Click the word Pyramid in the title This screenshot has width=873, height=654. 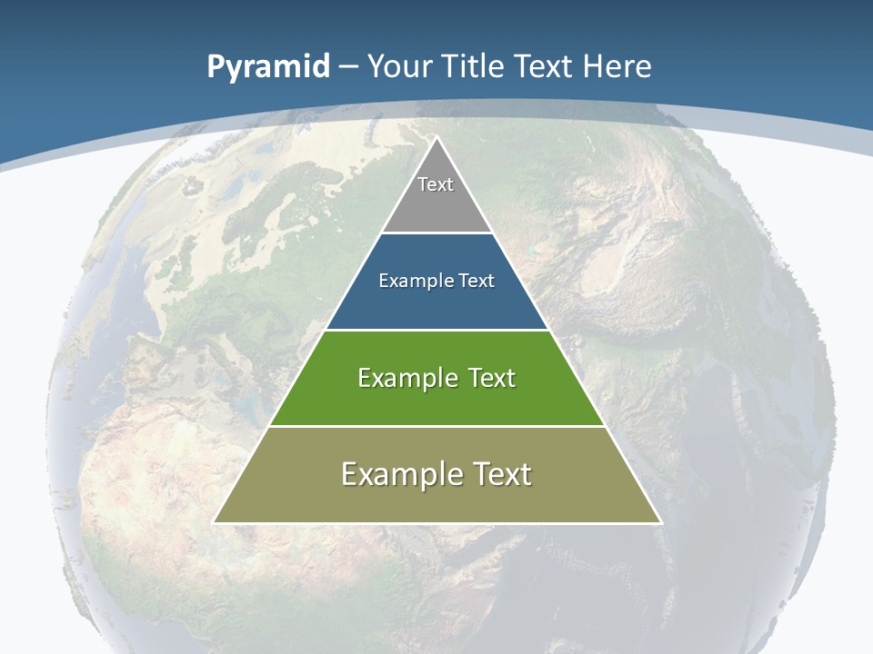[268, 67]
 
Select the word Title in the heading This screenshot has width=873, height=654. [473, 67]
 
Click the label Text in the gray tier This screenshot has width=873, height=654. [436, 184]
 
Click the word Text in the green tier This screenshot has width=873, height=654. [487, 378]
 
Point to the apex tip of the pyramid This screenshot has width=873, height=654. [436, 138]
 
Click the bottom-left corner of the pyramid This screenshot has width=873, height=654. [215, 522]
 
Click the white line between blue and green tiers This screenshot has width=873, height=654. [436, 330]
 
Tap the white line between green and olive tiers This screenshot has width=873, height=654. [436, 426]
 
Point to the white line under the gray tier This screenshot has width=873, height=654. [436, 233]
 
